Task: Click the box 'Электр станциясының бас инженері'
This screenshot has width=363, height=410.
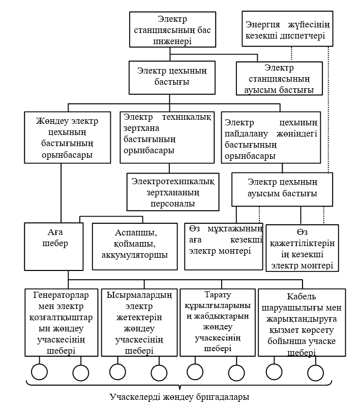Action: [171, 30]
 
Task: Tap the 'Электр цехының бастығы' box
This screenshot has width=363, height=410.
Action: [167, 76]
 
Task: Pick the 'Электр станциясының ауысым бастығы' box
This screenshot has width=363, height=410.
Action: [279, 79]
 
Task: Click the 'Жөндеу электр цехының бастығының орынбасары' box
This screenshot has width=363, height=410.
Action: [67, 138]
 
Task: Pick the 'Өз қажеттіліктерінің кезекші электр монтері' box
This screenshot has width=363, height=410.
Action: [302, 247]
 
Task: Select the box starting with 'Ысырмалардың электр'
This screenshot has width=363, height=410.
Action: [138, 322]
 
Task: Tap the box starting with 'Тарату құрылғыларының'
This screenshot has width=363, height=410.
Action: [217, 322]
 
